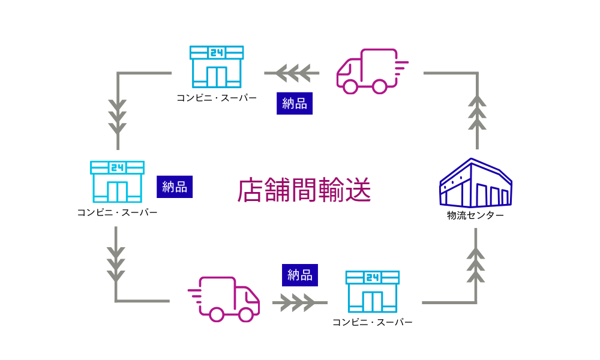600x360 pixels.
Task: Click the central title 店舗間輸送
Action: [304, 191]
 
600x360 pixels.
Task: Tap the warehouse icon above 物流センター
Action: [475, 183]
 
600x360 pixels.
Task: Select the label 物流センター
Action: [475, 215]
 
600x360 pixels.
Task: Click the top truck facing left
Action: [367, 71]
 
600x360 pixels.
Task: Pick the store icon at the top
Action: [217, 67]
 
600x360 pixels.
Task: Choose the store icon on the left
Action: [117, 181]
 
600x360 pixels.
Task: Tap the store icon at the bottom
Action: [373, 292]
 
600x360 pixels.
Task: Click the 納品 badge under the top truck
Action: [295, 103]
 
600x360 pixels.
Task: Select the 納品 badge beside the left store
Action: [175, 187]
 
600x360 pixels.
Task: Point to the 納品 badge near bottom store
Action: [300, 275]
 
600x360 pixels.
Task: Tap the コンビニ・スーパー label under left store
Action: [117, 212]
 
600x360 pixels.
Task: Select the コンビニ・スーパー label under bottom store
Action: [373, 322]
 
